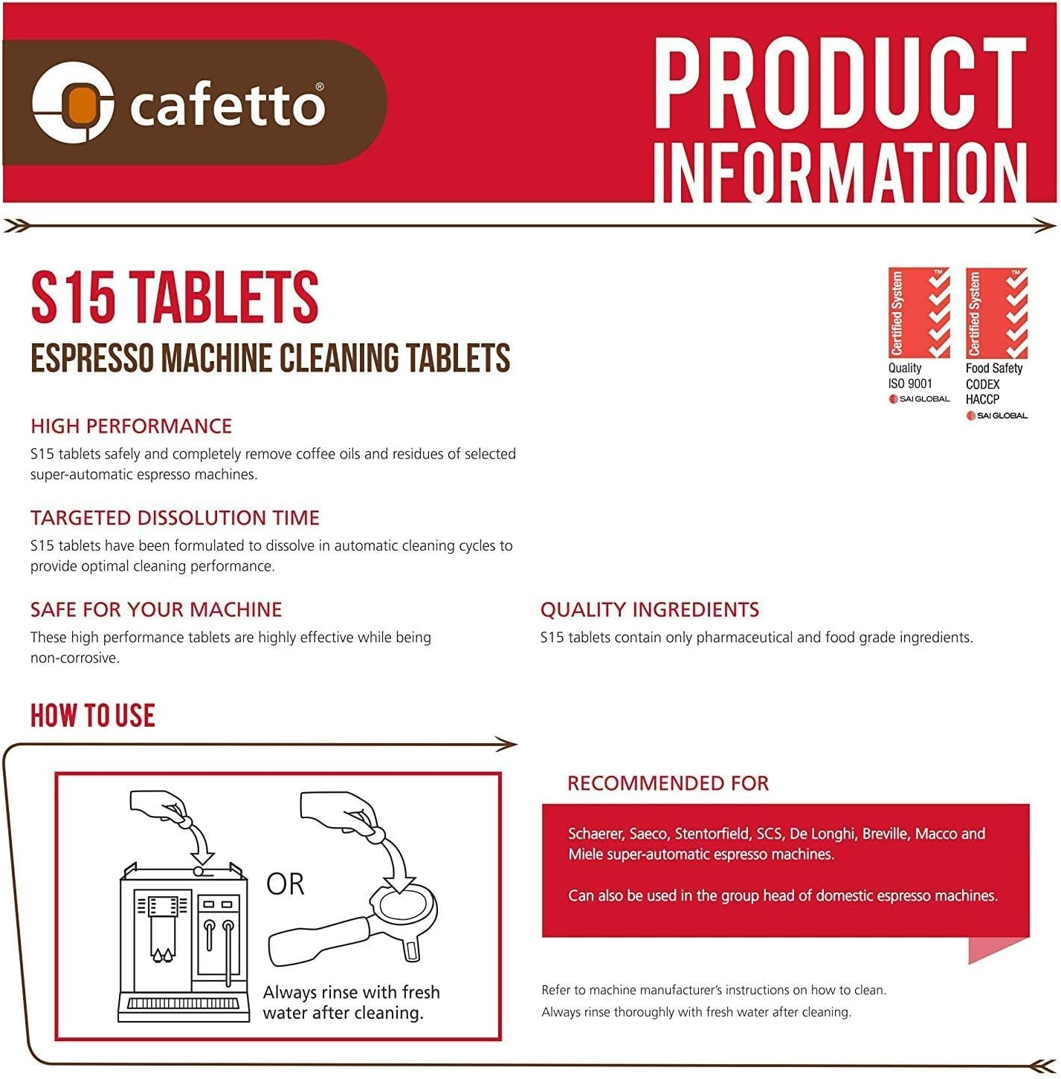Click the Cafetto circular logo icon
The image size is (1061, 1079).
coord(72,103)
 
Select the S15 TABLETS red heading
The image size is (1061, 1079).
coord(175,297)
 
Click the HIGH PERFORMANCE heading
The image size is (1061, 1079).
coord(131,426)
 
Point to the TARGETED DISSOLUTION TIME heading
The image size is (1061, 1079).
coord(175,517)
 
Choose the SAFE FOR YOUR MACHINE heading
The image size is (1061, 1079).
coord(156,609)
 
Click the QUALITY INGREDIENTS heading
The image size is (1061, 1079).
coord(649,609)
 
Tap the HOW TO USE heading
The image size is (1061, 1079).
coord(93,716)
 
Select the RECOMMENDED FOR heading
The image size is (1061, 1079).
coord(668,782)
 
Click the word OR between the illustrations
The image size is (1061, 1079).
coord(286,884)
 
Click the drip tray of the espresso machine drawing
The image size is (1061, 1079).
coord(184,1003)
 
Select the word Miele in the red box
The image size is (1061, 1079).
coord(586,855)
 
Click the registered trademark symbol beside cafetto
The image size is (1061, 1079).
coord(320,87)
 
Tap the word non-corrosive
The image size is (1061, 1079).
coord(74,658)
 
